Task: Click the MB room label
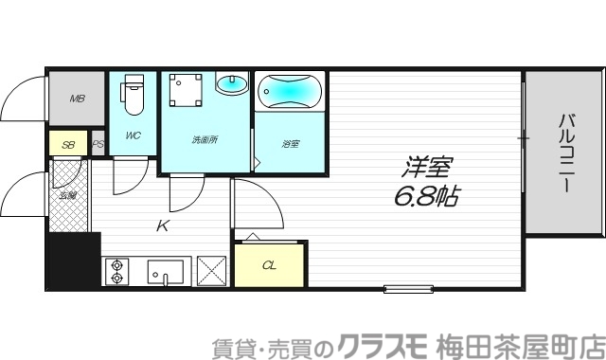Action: [x=76, y=98]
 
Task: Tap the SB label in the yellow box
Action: [x=68, y=145]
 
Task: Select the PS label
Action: [x=98, y=145]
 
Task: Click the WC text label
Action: [x=133, y=135]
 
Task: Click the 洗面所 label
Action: [x=205, y=139]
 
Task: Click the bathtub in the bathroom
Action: [x=291, y=93]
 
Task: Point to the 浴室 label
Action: [x=290, y=144]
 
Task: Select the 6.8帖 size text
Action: [x=426, y=198]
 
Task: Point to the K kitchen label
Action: [x=163, y=225]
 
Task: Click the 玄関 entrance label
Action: [x=68, y=195]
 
